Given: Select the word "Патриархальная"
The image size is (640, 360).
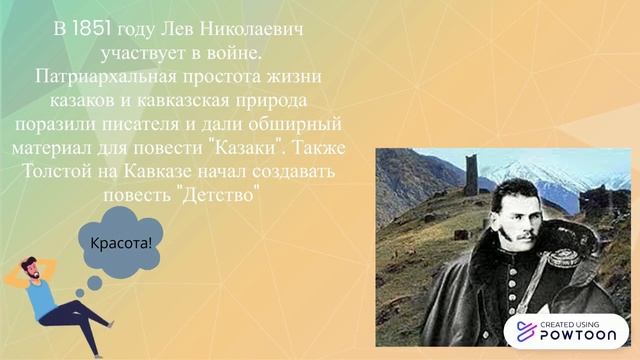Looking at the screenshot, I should tap(109, 77).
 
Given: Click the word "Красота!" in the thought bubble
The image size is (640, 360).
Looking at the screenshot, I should tap(121, 243).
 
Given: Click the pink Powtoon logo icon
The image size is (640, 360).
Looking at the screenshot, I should tap(524, 333).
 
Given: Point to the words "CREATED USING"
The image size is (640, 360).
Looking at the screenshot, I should tap(577, 324).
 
